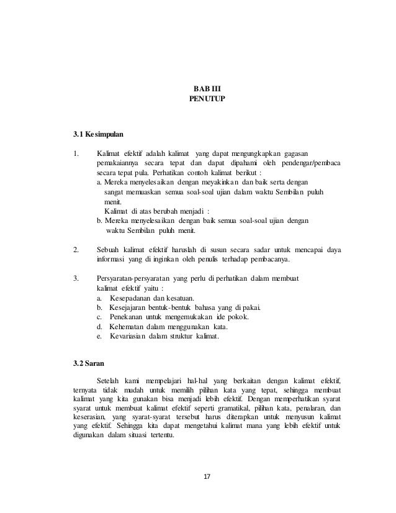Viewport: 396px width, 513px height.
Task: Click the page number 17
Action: (x=208, y=477)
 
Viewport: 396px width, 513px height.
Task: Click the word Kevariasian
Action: (x=129, y=337)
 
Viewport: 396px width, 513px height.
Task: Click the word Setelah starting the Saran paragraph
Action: (x=109, y=380)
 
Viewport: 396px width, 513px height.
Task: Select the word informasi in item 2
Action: (x=112, y=260)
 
